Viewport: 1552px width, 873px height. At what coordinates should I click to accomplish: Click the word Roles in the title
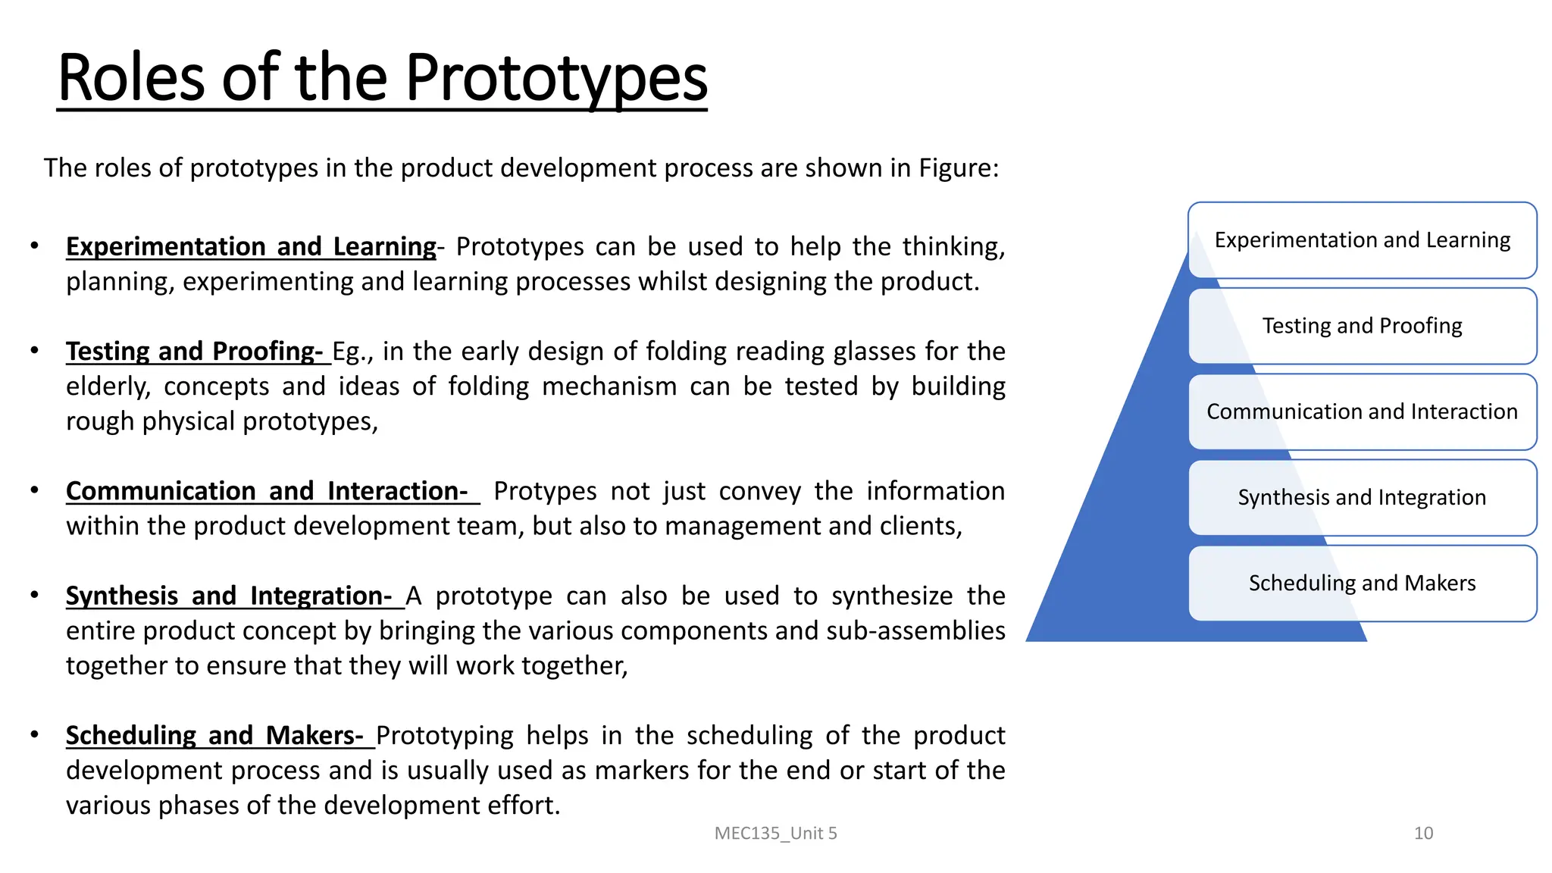130,78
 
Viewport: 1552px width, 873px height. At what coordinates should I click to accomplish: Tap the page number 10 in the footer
1423,834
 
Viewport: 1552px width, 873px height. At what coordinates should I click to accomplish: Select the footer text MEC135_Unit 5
775,834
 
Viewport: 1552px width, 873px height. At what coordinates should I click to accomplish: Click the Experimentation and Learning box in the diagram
1362,240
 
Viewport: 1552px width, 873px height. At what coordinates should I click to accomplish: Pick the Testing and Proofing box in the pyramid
1362,326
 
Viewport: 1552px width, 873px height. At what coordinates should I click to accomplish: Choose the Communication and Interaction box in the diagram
1362,411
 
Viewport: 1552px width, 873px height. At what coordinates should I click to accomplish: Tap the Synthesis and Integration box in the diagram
1362,497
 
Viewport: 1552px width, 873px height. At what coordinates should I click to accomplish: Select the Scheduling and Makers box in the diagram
1362,583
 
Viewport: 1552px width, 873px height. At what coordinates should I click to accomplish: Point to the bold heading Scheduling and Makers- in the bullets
214,736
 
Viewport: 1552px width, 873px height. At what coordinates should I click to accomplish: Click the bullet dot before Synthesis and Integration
34,595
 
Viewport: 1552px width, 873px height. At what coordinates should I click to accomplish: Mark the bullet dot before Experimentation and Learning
34,246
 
